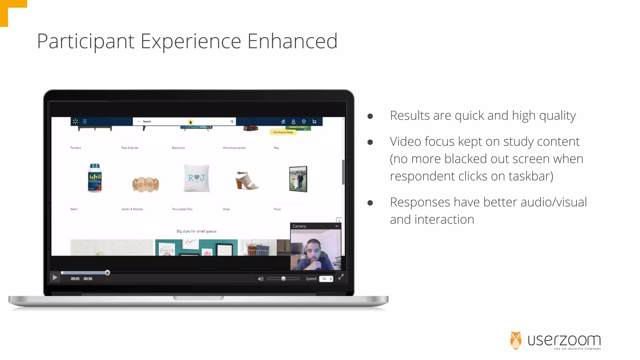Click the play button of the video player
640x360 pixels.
point(55,277)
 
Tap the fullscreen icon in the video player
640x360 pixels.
point(341,277)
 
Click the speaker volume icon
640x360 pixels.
point(261,279)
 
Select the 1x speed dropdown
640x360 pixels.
point(326,279)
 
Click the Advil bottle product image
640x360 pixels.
point(95,178)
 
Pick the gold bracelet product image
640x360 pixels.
point(146,184)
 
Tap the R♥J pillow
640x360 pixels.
point(196,178)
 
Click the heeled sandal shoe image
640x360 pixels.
point(247,180)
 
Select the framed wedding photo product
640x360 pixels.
point(298,179)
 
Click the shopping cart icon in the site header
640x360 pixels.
point(314,122)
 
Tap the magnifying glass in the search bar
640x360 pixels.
point(232,122)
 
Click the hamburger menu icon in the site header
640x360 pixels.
point(85,122)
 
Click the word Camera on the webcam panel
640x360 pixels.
point(299,226)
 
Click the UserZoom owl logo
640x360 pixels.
point(516,340)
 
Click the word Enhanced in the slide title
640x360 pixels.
point(292,41)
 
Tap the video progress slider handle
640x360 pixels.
point(107,273)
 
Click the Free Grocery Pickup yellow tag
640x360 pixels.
point(283,132)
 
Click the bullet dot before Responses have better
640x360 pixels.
point(370,203)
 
